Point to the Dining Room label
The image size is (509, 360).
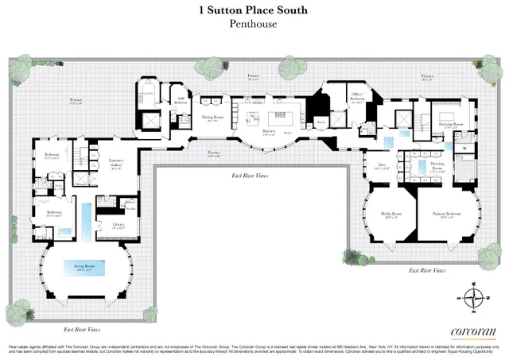pyautogui.click(x=213, y=118)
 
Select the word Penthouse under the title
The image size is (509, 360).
pyautogui.click(x=254, y=25)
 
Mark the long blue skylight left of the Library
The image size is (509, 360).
pyautogui.click(x=85, y=215)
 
